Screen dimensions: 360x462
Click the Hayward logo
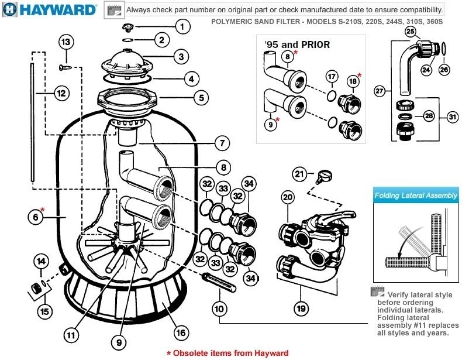49,10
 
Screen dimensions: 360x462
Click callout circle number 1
182,26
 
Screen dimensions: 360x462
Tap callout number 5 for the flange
201,98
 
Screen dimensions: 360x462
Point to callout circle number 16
181,332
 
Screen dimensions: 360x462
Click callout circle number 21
300,173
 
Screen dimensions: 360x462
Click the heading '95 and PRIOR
297,44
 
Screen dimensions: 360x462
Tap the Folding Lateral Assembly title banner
416,196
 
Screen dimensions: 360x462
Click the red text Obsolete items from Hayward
227,353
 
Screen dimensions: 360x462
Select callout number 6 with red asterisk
36,215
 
